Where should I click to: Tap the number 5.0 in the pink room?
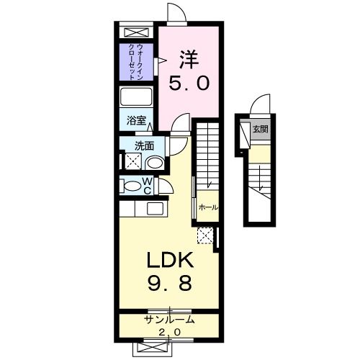click(x=189, y=84)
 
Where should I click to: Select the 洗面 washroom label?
click(x=145, y=145)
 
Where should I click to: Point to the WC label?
click(x=146, y=186)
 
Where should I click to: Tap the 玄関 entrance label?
click(x=260, y=130)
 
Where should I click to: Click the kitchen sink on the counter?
click(x=154, y=209)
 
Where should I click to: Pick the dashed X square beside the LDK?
click(x=204, y=234)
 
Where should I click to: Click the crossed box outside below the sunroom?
click(x=153, y=346)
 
